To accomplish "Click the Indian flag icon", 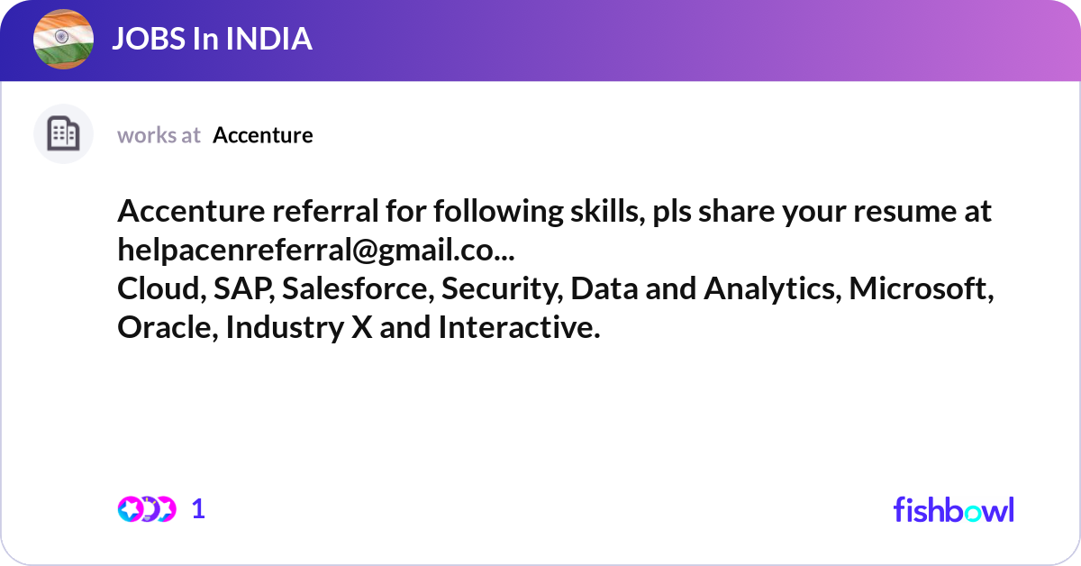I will pyautogui.click(x=64, y=40).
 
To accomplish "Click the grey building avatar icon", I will pyautogui.click(x=63, y=134).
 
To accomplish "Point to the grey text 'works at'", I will pyautogui.click(x=159, y=135).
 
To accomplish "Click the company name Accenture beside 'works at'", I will pyautogui.click(x=263, y=135).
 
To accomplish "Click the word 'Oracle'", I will pyautogui.click(x=167, y=327).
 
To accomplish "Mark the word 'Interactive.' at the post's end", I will pyautogui.click(x=519, y=327).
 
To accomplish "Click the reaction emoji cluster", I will pyautogui.click(x=146, y=509).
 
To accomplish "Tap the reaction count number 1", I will pyautogui.click(x=199, y=509).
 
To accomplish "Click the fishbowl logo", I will pyautogui.click(x=953, y=509).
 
